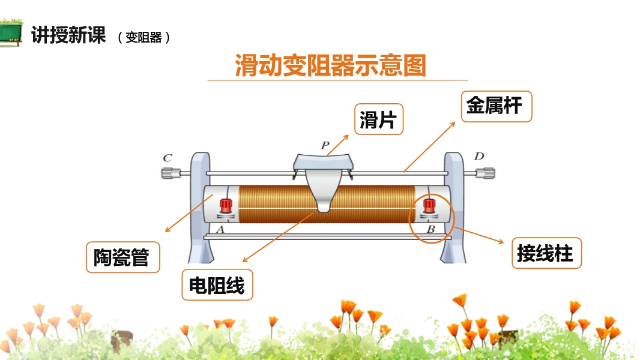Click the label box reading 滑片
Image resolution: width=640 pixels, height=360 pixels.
[378, 119]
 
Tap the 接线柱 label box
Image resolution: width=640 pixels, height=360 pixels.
[546, 253]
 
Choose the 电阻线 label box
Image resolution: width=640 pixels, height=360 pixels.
[217, 285]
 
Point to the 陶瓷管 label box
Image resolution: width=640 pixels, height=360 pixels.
[122, 257]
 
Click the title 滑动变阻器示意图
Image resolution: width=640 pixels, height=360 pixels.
[330, 65]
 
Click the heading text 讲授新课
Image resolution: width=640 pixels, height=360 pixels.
[68, 35]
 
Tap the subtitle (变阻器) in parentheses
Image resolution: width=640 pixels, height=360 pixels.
[144, 38]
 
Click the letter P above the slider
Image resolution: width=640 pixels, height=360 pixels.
[325, 145]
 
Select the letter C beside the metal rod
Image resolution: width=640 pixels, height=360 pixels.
[168, 158]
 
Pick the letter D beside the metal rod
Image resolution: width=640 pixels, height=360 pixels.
[478, 157]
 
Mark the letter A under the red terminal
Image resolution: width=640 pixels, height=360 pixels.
[220, 229]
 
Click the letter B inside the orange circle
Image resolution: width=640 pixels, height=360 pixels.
[430, 229]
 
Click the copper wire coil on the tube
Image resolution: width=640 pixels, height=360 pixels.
[276, 204]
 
